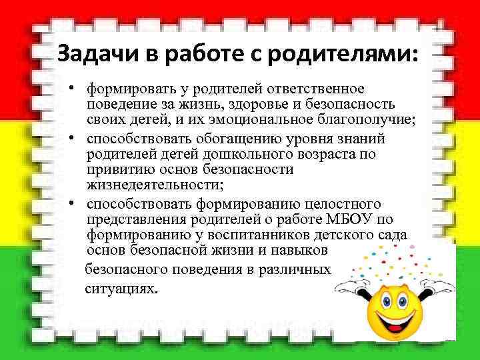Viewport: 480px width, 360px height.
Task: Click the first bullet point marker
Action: coord(78,89)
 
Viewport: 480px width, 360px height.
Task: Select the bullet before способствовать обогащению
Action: coord(78,139)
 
